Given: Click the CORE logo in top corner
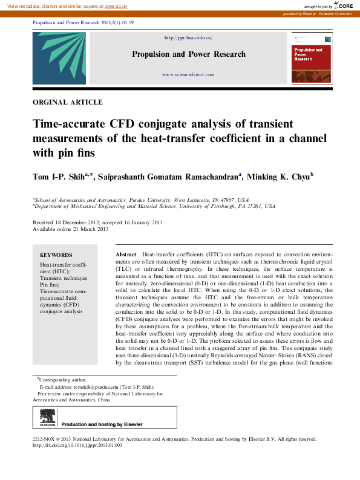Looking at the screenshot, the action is pyautogui.click(x=345, y=5).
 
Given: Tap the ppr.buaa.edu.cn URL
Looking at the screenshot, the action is pyautogui.click(x=189, y=38).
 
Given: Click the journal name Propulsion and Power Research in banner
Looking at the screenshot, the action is pyautogui.click(x=189, y=54).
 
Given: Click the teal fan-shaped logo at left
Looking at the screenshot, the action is pyautogui.click(x=50, y=58).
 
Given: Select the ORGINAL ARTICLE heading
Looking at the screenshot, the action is pyautogui.click(x=67, y=103).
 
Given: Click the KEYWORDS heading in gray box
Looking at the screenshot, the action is pyautogui.click(x=56, y=255).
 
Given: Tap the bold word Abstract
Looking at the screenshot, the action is pyautogui.click(x=125, y=255).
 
